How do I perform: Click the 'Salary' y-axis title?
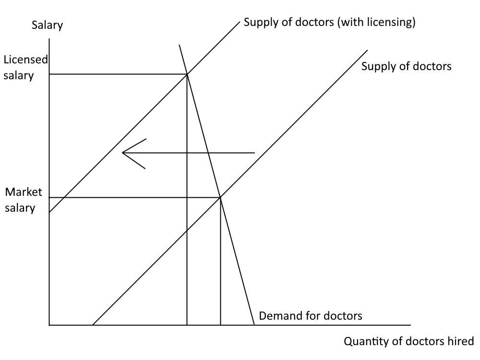pyautogui.click(x=47, y=25)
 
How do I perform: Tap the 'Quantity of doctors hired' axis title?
pyautogui.click(x=409, y=341)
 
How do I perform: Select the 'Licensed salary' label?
pyautogui.click(x=25, y=67)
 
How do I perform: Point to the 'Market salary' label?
pyautogui.click(x=24, y=200)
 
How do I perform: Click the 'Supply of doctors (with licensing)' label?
pyautogui.click(x=329, y=22)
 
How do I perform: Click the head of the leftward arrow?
pyautogui.click(x=123, y=153)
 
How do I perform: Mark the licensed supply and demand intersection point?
pyautogui.click(x=187, y=74)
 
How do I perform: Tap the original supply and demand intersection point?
pyautogui.click(x=220, y=197)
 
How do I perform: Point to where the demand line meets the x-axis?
pyautogui.click(x=253, y=325)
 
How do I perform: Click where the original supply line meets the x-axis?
pyautogui.click(x=92, y=325)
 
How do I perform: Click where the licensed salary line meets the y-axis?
pyautogui.click(x=49, y=74)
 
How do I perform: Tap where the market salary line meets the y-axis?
pyautogui.click(x=49, y=197)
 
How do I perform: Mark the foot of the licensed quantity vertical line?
pyautogui.click(x=187, y=325)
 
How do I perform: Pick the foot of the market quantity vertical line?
pyautogui.click(x=220, y=325)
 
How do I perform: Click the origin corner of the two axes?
pyautogui.click(x=49, y=325)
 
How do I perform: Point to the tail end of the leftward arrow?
pyautogui.click(x=254, y=153)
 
